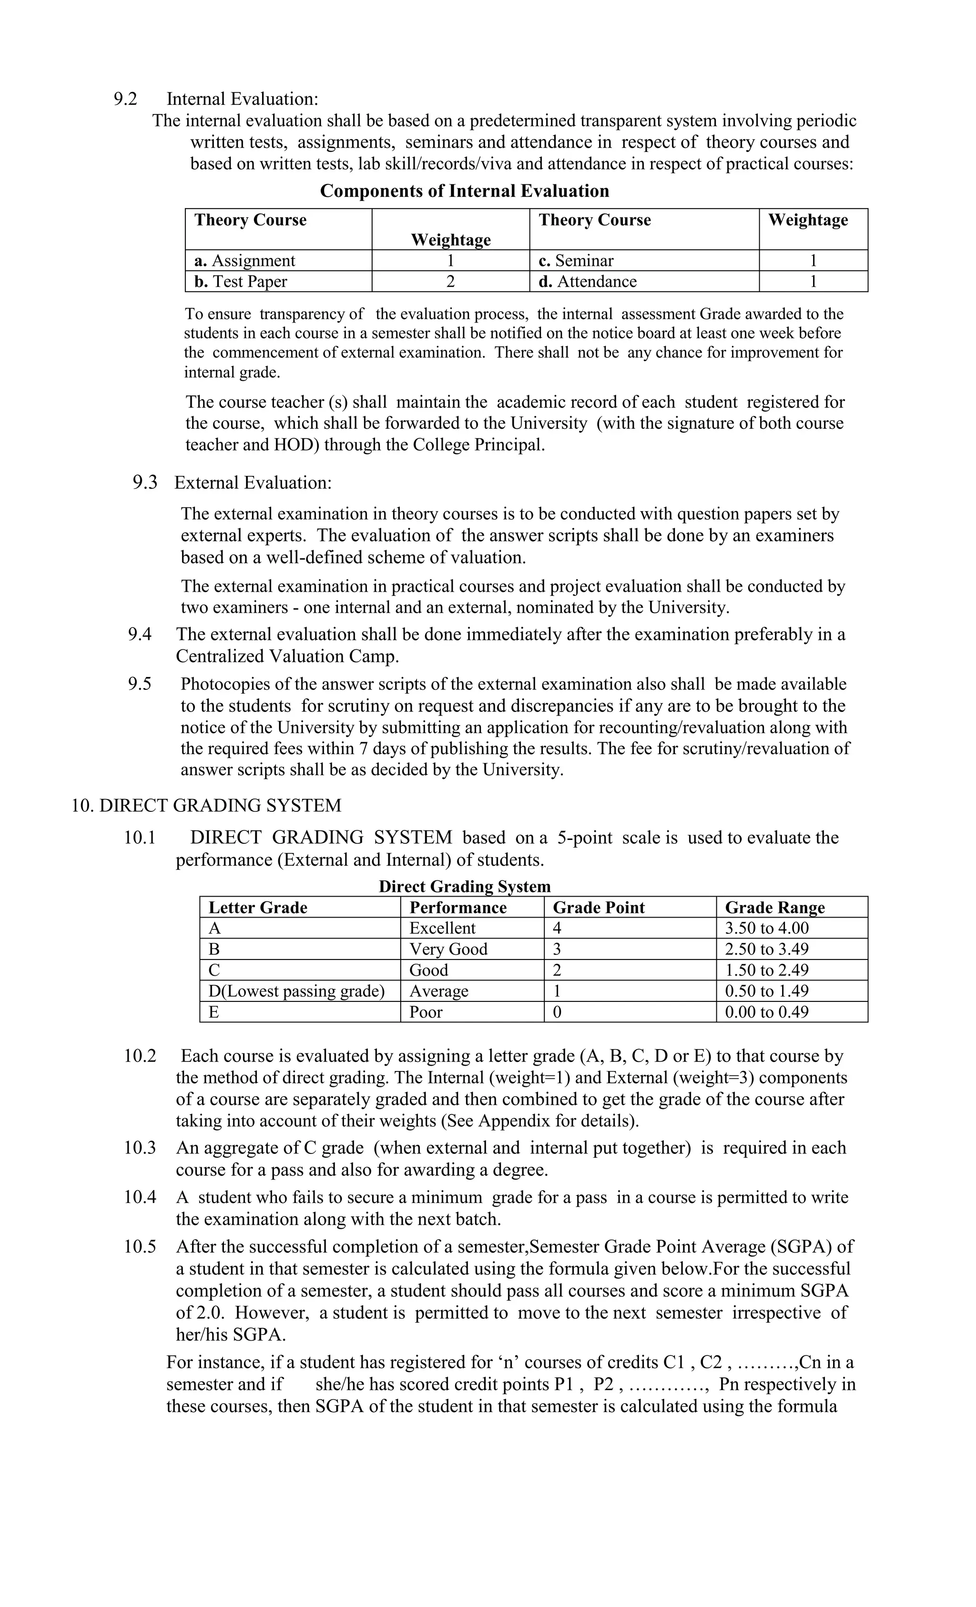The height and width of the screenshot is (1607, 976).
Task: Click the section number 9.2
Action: click(125, 99)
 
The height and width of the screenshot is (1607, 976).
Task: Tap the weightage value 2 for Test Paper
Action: click(450, 282)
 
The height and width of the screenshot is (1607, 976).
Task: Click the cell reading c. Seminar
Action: click(576, 261)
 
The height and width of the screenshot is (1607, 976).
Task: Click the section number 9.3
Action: click(145, 483)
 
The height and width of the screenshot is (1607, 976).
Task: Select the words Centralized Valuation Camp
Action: click(287, 656)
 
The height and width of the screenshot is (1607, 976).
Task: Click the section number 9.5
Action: click(140, 684)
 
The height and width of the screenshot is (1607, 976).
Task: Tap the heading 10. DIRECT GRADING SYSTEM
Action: click(206, 806)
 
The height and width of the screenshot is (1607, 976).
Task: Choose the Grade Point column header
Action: click(598, 908)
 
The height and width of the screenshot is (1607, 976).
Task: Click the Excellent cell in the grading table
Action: click(442, 928)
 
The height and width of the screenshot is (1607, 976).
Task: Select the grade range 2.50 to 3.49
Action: click(767, 950)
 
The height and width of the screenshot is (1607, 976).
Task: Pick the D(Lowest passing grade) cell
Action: click(296, 991)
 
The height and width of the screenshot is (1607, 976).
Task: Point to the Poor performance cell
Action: click(426, 1012)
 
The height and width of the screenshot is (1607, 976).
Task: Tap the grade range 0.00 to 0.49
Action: click(767, 1012)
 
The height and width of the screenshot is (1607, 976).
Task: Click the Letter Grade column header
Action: click(258, 908)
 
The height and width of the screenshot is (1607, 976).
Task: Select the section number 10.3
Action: click(140, 1148)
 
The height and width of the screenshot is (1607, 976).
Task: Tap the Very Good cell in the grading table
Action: click(448, 950)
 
